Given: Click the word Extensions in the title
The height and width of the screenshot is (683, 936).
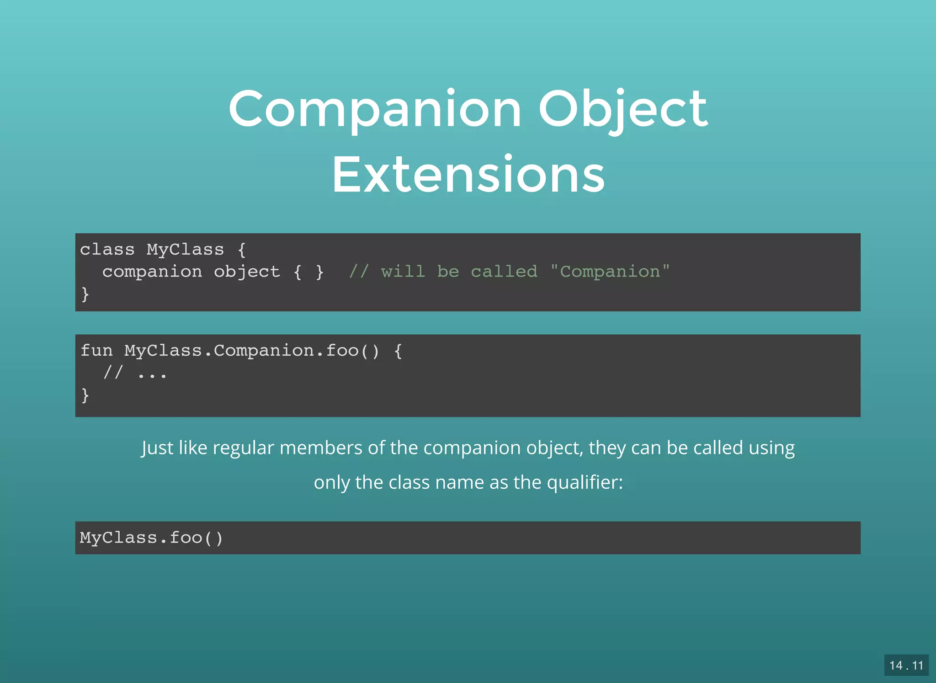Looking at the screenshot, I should coord(468,175).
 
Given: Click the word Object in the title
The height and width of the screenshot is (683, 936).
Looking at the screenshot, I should coord(622,109).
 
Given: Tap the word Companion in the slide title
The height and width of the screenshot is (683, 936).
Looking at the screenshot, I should coord(375,109).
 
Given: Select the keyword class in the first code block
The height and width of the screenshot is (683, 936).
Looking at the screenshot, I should coord(107,250).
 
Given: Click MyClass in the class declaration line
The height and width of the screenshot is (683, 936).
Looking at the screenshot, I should coord(185,250).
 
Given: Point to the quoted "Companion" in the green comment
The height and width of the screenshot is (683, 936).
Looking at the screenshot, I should coord(610,272).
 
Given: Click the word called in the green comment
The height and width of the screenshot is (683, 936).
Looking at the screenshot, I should coord(504,272).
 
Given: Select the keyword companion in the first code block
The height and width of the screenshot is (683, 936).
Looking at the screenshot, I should coord(152,272).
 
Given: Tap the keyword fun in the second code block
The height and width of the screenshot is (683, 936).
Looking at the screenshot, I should coord(96,351).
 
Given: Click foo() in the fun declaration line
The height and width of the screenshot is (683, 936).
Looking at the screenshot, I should coord(352,351).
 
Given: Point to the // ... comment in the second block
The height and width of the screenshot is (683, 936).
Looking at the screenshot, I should coord(135,373).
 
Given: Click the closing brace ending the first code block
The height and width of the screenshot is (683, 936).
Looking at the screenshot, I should coord(85,293).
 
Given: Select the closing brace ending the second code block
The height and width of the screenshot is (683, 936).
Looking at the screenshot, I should coord(85,395).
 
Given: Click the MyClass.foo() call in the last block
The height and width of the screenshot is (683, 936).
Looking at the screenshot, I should coord(151,538).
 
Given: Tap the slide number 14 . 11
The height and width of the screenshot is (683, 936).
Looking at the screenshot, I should coord(906,665).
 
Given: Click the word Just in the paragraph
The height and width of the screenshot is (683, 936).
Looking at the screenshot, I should coord(157,448).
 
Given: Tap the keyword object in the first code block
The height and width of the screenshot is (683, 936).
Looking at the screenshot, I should coord(246,272).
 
